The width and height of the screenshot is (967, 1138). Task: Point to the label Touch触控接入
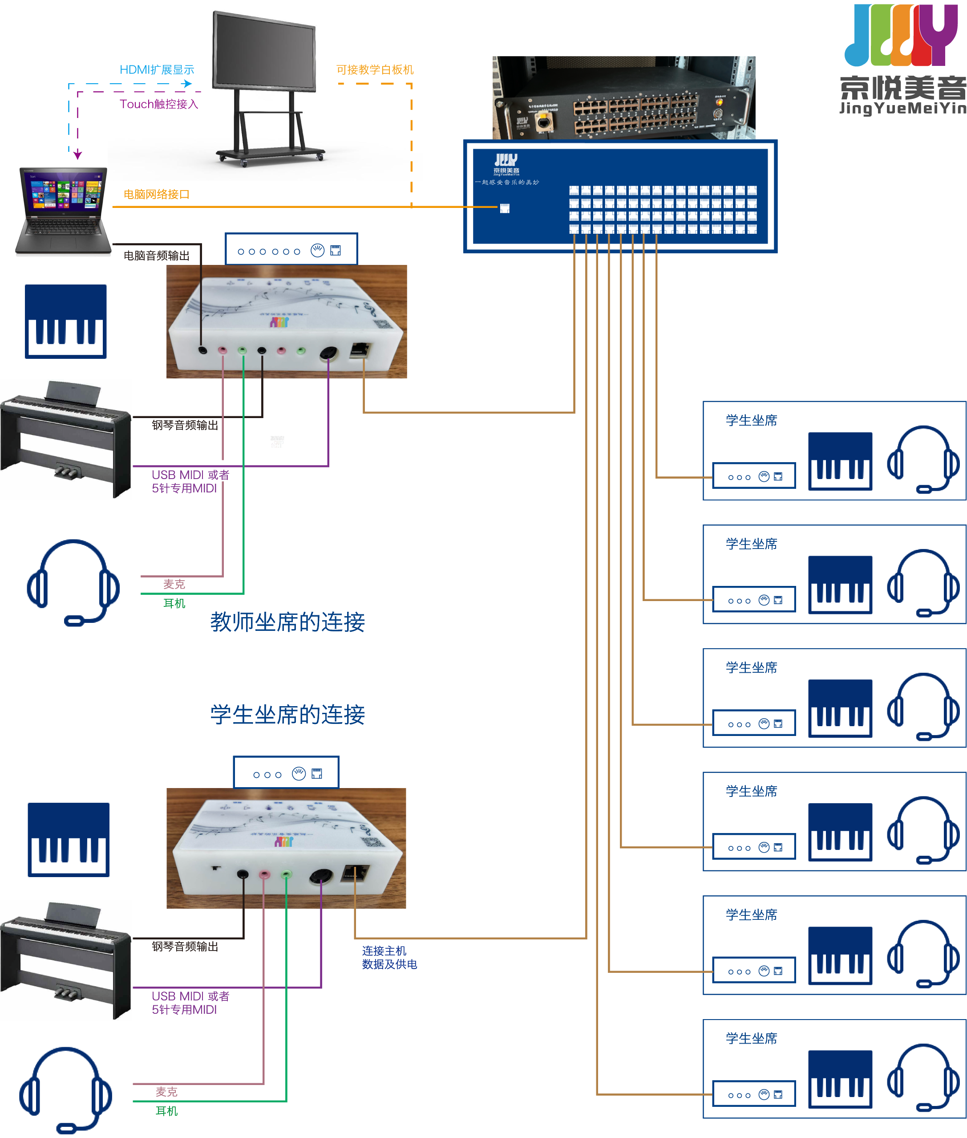[x=158, y=104]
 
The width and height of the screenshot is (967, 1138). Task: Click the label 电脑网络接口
[x=156, y=194]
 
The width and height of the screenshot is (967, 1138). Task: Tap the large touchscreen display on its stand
[x=265, y=82]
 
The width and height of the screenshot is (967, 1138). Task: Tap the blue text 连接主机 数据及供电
[x=389, y=957]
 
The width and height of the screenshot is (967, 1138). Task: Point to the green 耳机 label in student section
[x=166, y=1110]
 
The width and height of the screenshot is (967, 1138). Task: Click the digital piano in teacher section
[x=66, y=439]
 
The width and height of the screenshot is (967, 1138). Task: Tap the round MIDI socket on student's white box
[x=321, y=876]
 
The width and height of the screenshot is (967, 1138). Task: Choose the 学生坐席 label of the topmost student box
[x=751, y=421]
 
